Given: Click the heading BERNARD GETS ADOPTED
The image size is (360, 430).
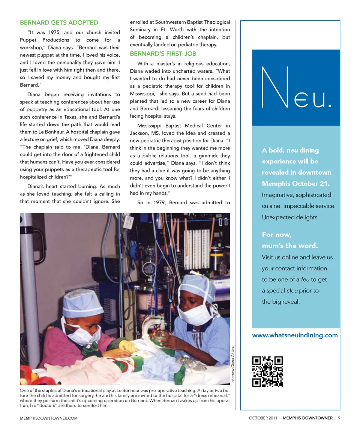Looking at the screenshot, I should (59, 22).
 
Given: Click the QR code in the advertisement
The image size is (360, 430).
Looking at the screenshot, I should (267, 371).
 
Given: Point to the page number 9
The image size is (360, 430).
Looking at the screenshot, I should (339, 418).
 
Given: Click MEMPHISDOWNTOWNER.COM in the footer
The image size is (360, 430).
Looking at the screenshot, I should (49, 418).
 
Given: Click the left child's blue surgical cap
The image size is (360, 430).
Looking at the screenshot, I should (82, 303).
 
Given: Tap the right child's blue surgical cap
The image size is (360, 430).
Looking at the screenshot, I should (198, 286).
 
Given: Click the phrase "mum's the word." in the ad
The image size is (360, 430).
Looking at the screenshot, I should (289, 246).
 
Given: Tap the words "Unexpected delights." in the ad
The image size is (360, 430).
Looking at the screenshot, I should (290, 217).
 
